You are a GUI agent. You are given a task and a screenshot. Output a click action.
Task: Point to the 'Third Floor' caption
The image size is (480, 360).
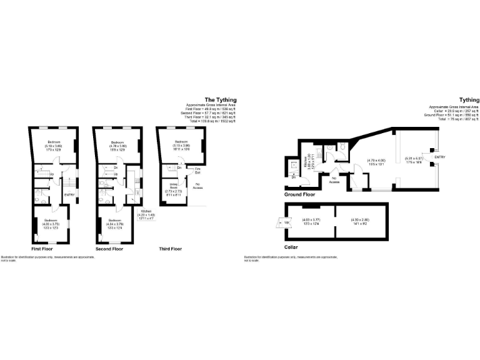pos(170,249)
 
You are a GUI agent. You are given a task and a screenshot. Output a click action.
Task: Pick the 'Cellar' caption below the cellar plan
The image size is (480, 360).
pos(291,247)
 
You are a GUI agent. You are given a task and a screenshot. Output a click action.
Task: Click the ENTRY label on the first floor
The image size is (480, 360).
pos(70,194)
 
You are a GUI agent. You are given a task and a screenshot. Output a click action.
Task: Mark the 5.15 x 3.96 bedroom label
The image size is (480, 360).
pos(182,146)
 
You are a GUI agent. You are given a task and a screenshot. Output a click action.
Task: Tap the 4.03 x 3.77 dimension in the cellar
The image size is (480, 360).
pos(311,221)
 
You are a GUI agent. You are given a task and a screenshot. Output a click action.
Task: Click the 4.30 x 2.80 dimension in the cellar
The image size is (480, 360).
pos(361,221)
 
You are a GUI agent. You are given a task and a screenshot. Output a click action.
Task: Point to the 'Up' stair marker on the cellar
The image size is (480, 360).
pos(287,222)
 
